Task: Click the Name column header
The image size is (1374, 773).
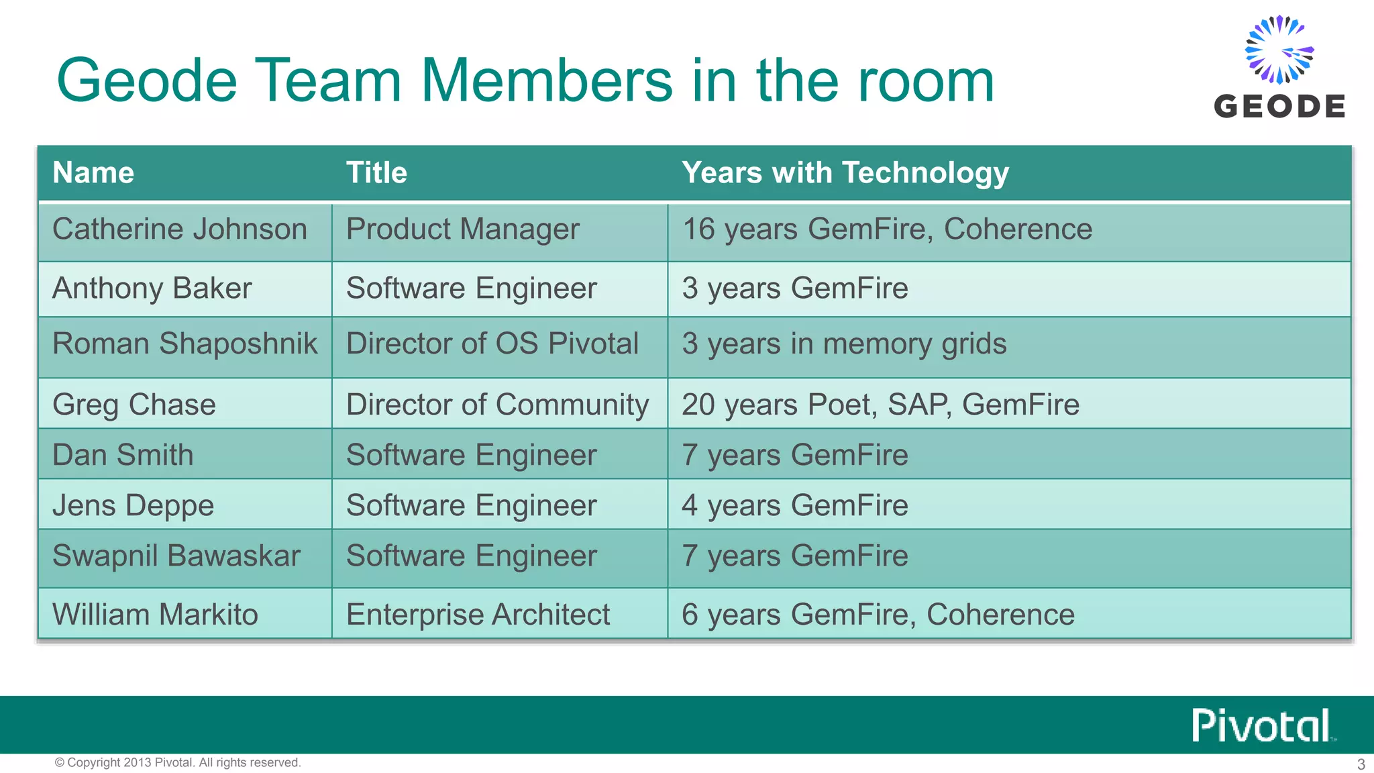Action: tap(93, 173)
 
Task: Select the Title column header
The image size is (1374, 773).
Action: tap(376, 173)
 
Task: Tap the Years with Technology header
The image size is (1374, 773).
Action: tap(845, 173)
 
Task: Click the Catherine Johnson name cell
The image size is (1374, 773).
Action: tap(180, 229)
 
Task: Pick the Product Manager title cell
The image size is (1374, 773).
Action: tap(462, 229)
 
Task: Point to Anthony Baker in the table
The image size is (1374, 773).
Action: tap(152, 289)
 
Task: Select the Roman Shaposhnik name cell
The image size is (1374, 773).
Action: tap(184, 344)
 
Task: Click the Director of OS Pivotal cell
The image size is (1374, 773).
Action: tap(492, 344)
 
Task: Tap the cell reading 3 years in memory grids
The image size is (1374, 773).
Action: tap(844, 344)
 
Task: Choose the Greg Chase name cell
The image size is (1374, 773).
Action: tap(134, 405)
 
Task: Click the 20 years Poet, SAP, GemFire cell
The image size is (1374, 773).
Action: tap(880, 405)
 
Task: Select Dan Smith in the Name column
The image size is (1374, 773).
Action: tap(123, 455)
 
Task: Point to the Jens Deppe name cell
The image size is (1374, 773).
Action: tap(133, 505)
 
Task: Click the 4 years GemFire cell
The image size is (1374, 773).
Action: tap(795, 505)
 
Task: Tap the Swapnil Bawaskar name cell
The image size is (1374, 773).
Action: tap(176, 556)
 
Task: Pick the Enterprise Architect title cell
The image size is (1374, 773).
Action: tap(478, 615)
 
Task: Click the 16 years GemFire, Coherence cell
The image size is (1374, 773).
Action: tap(887, 229)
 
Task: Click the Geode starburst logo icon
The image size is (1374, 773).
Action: tap(1279, 50)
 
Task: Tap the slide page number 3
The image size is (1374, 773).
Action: tap(1361, 764)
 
